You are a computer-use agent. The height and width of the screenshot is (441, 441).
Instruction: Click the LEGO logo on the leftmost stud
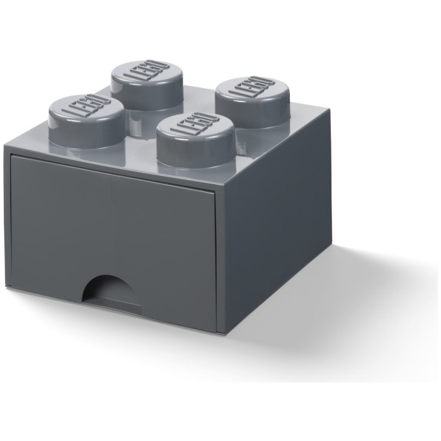pyautogui.click(x=87, y=106)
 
